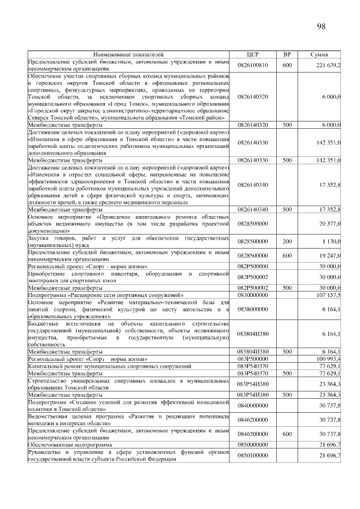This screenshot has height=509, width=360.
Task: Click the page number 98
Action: (321, 26)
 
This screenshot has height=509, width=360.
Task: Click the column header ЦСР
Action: (253, 55)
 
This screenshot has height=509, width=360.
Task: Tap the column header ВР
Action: (287, 55)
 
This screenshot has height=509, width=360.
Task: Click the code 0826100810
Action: (253, 65)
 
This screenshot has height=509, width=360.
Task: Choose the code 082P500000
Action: (253, 266)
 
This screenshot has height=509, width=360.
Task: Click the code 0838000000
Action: (253, 309)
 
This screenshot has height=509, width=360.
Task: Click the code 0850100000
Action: (253, 455)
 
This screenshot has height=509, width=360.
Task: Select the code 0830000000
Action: (253, 294)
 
